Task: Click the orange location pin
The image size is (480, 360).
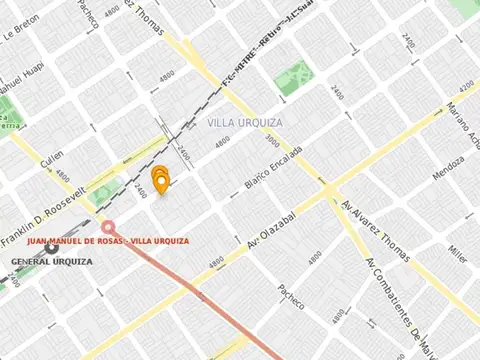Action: (159, 179)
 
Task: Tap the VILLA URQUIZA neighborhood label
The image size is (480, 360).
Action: (245, 122)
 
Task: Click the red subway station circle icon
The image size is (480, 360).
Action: (108, 227)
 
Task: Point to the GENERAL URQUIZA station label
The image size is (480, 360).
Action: (52, 261)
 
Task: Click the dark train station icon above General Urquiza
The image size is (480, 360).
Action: (51, 248)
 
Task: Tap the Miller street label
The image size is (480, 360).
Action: (458, 252)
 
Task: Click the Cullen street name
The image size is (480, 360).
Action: (52, 159)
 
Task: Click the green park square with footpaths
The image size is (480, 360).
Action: (291, 78)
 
